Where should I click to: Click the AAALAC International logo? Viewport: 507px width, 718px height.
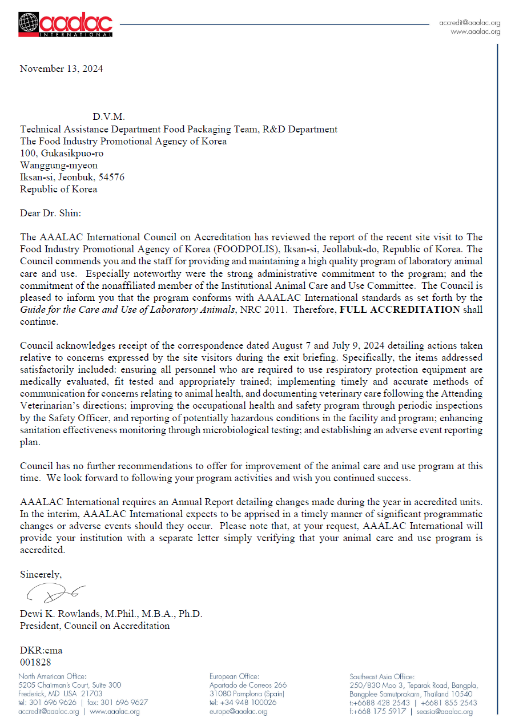pos(65,25)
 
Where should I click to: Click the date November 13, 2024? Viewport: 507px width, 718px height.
pos(62,68)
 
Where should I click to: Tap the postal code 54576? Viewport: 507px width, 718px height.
pos(112,178)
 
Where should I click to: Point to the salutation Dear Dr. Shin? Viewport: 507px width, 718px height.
pos(51,213)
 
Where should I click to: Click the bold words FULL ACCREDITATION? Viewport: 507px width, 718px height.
pos(400,310)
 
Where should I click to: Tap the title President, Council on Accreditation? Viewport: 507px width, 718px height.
pos(95,626)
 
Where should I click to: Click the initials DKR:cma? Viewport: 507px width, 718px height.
pos(41,650)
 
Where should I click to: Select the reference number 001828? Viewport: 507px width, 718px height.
pos(35,662)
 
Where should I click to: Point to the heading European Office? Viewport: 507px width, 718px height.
pos(235,676)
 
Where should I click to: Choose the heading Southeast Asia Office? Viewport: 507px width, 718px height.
pos(382,676)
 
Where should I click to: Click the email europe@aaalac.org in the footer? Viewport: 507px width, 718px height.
pos(239,712)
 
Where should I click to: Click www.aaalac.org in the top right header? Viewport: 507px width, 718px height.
pos(476,32)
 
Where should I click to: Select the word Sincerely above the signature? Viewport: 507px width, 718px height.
pos(41,574)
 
